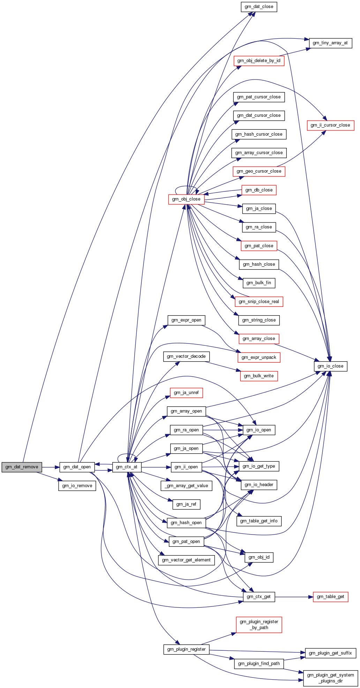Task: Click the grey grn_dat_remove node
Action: [22, 467]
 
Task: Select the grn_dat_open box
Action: [77, 467]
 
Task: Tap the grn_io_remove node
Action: [77, 486]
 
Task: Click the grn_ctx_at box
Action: [127, 467]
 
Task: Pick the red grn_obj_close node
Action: [186, 199]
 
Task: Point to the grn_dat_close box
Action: [259, 7]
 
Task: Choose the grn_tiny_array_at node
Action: [330, 43]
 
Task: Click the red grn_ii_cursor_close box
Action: [330, 125]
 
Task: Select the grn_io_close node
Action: [330, 366]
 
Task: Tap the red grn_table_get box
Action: [330, 597]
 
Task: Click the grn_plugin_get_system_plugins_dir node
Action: [330, 678]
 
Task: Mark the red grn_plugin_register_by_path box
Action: [259, 625]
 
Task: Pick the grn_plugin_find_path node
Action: [259, 663]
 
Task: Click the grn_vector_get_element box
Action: [186, 560]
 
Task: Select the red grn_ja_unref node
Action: [186, 393]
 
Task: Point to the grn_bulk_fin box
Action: [258, 283]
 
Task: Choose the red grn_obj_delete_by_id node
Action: [258, 61]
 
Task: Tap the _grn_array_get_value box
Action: [187, 486]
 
